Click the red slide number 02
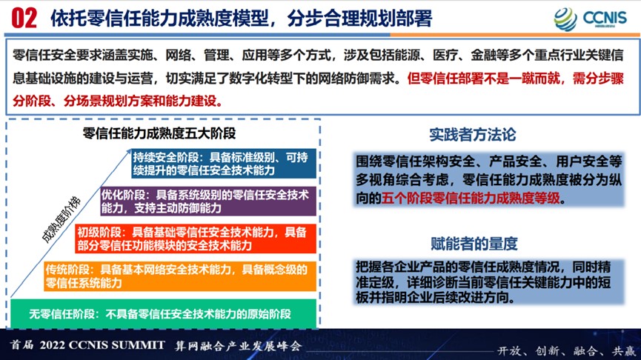click(x=24, y=19)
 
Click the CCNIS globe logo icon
click(x=565, y=19)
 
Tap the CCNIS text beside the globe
click(x=605, y=18)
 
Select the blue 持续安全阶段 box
click(x=224, y=164)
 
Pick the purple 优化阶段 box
click(x=208, y=201)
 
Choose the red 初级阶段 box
click(x=196, y=239)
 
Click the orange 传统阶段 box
click(x=180, y=276)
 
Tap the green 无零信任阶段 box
click(x=164, y=314)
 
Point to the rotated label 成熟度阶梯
click(x=62, y=219)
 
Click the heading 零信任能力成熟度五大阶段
click(x=159, y=133)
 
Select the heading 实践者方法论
click(x=473, y=134)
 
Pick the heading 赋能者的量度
click(x=474, y=244)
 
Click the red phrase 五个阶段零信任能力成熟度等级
click(x=471, y=199)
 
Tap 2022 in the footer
click(x=53, y=345)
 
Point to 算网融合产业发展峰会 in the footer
click(x=239, y=346)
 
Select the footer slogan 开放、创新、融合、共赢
click(x=566, y=350)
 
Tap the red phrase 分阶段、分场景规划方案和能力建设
click(x=117, y=101)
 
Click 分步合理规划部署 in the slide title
click(x=359, y=19)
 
